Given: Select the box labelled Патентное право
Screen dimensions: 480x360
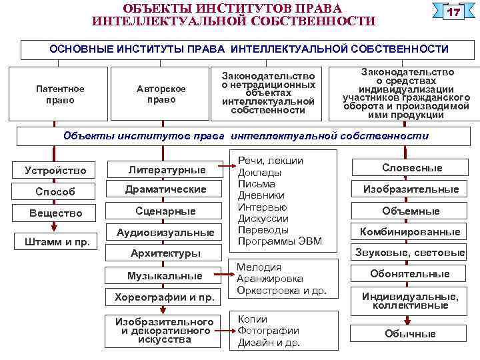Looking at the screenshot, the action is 60,94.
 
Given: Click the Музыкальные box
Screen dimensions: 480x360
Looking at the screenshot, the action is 165,275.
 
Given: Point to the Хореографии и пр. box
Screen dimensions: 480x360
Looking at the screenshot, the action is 165,296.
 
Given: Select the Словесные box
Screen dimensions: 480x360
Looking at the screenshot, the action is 411,168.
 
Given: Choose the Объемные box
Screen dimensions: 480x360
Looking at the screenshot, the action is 411,211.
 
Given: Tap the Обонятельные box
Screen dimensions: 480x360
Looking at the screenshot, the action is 411,274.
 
